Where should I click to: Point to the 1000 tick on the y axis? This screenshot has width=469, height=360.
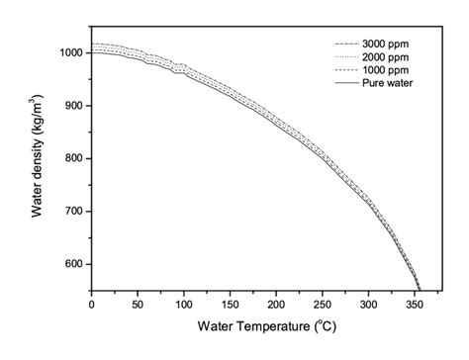click(69, 52)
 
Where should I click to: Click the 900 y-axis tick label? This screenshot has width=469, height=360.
click(72, 106)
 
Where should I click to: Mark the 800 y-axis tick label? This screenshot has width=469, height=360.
click(72, 158)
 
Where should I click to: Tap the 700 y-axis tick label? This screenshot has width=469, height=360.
click(72, 212)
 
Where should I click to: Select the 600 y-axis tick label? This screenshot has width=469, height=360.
click(72, 264)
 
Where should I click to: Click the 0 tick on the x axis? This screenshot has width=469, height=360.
click(91, 302)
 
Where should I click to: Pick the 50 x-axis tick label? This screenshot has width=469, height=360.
click(138, 302)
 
